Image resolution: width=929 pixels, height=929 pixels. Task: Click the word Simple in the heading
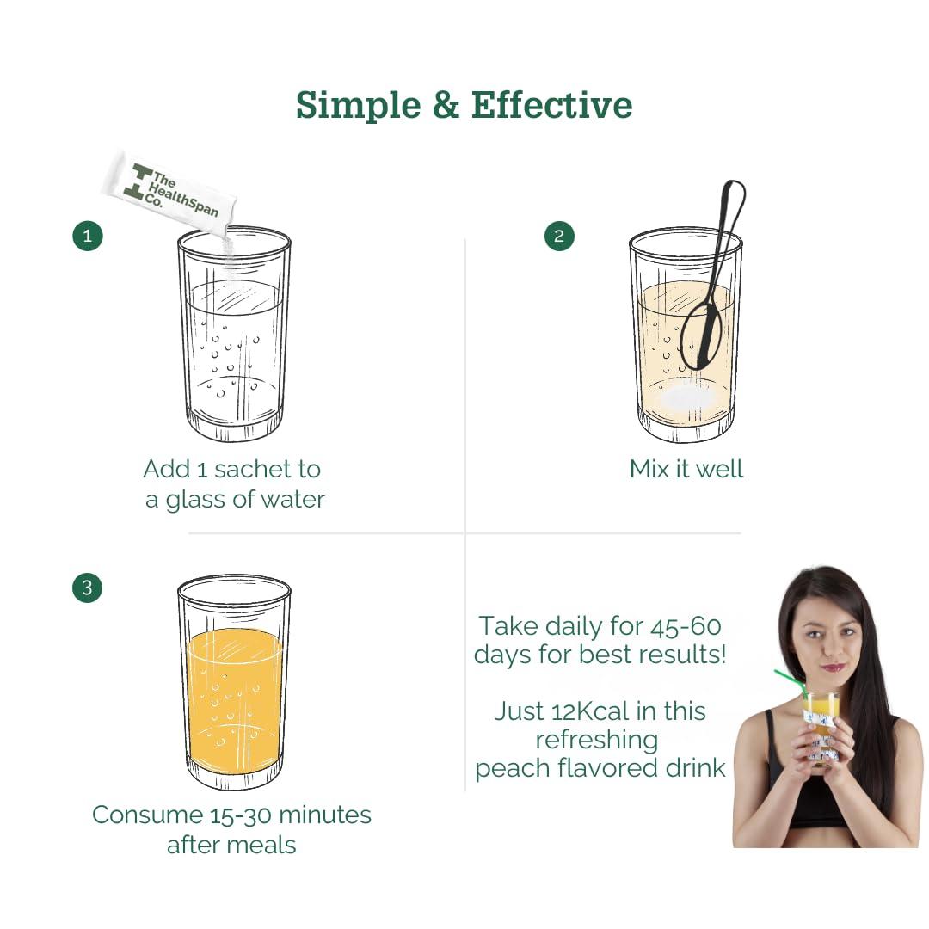(359, 107)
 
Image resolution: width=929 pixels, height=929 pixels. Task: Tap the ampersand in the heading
(446, 105)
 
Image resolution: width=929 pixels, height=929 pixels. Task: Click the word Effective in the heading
(551, 106)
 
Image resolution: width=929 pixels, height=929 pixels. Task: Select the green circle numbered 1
(88, 236)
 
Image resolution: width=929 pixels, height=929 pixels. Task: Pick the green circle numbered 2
(559, 236)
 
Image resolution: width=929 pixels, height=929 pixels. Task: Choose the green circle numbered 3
(87, 588)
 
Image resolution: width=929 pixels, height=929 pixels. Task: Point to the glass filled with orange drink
(234, 682)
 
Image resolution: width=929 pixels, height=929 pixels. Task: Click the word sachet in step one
(252, 470)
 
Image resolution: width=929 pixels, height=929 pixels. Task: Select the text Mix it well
(686, 469)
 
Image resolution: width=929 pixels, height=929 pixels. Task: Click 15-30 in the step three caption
(240, 815)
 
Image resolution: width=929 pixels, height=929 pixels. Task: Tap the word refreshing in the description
(597, 741)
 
